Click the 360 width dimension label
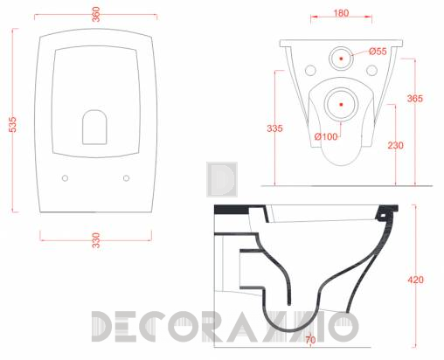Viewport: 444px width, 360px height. click(x=96, y=14)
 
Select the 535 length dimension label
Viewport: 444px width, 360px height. click(x=13, y=124)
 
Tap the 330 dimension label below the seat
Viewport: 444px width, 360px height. click(x=96, y=240)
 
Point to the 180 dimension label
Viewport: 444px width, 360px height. click(x=341, y=13)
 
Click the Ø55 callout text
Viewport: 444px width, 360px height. click(x=378, y=52)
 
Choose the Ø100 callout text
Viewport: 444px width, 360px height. click(x=326, y=136)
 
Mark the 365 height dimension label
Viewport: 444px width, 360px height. click(x=415, y=99)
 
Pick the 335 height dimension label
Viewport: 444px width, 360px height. click(x=274, y=128)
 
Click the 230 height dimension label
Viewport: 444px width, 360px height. click(x=395, y=145)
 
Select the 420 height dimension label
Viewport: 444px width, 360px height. click(x=415, y=280)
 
